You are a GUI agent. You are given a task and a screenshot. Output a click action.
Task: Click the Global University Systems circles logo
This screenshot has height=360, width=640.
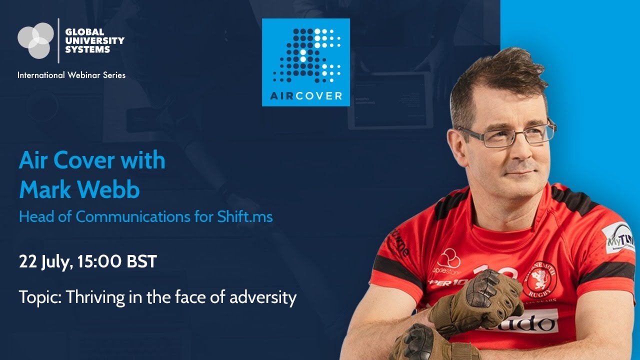click(x=35, y=40)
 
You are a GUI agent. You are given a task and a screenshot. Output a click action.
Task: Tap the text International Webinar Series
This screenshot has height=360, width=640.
click(x=71, y=75)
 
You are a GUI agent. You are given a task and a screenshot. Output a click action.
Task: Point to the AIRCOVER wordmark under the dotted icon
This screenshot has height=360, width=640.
click(x=306, y=96)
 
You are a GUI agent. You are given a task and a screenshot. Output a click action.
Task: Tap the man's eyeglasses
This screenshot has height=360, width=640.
click(x=505, y=134)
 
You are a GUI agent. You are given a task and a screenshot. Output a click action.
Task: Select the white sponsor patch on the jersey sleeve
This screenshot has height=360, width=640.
click(x=617, y=237)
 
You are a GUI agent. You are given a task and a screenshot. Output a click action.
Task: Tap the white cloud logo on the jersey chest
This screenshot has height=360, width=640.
click(x=448, y=258)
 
